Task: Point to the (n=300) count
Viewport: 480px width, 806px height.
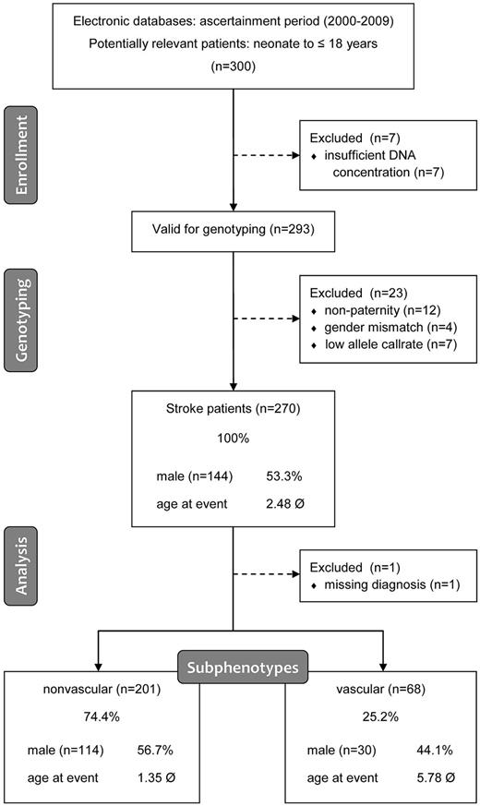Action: tap(240, 66)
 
